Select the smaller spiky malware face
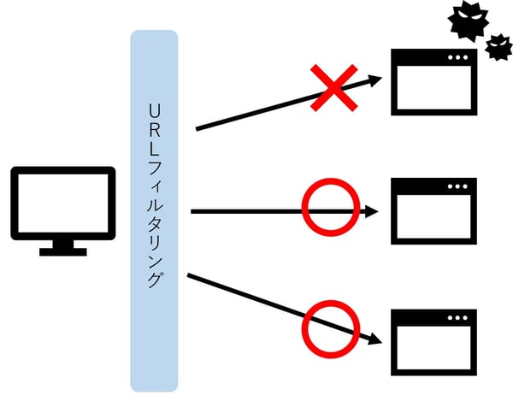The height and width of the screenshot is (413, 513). [498, 48]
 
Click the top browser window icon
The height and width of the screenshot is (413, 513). [433, 82]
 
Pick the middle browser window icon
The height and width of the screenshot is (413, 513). [433, 211]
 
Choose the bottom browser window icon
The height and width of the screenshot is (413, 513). [433, 339]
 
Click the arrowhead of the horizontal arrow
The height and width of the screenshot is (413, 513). [373, 211]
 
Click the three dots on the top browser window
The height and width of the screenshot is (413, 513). [458, 57]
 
